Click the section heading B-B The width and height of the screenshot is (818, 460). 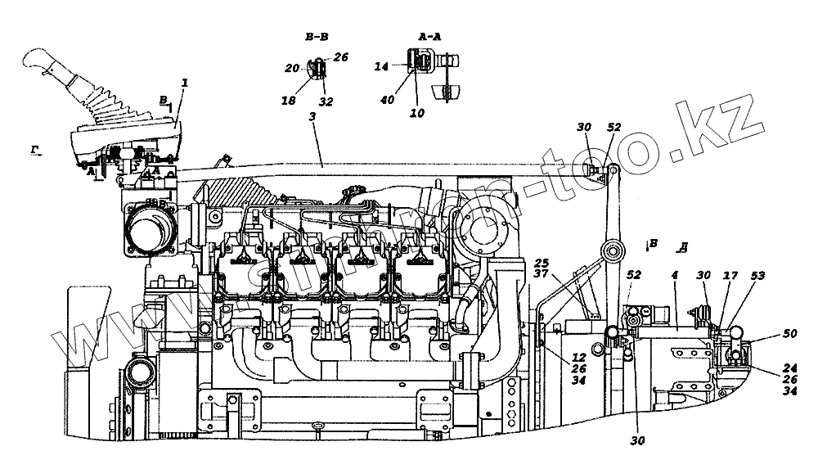tap(316, 37)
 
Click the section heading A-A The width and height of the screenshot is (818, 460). tap(429, 37)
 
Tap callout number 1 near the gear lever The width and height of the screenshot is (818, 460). tap(184, 83)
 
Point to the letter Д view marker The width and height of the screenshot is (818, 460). tap(682, 245)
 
